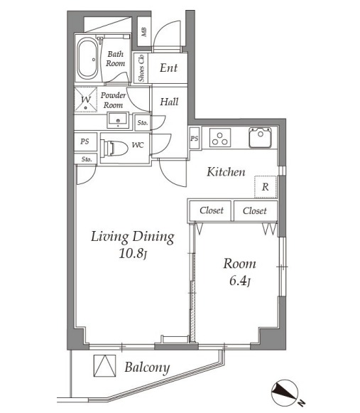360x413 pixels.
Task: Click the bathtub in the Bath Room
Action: pyautogui.click(x=87, y=58)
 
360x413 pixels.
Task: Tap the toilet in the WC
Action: pyautogui.click(x=114, y=148)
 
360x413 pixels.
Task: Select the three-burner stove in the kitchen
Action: pyautogui.click(x=220, y=137)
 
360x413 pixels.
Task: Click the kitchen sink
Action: pyautogui.click(x=261, y=137)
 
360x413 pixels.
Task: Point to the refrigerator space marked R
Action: pyautogui.click(x=266, y=187)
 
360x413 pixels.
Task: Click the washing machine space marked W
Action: pyautogui.click(x=86, y=100)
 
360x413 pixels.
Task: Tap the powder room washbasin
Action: pyautogui.click(x=118, y=120)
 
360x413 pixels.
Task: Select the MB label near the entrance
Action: pyautogui.click(x=144, y=32)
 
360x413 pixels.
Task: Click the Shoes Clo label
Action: pyautogui.click(x=141, y=68)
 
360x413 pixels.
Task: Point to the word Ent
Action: pyautogui.click(x=169, y=68)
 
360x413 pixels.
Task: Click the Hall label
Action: pyautogui.click(x=169, y=102)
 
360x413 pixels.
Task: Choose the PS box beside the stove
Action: pyautogui.click(x=195, y=139)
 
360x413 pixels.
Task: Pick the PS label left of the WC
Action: pyautogui.click(x=84, y=141)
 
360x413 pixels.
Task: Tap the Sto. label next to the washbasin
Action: pyautogui.click(x=143, y=123)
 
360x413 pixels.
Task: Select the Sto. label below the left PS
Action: pyautogui.click(x=87, y=159)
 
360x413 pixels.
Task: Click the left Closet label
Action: pyautogui.click(x=212, y=210)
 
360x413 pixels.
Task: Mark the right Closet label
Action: pyautogui.click(x=255, y=210)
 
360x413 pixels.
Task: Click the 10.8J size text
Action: pyautogui.click(x=133, y=254)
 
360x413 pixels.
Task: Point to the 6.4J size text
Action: pyautogui.click(x=240, y=281)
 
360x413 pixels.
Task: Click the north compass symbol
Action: pyautogui.click(x=285, y=392)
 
